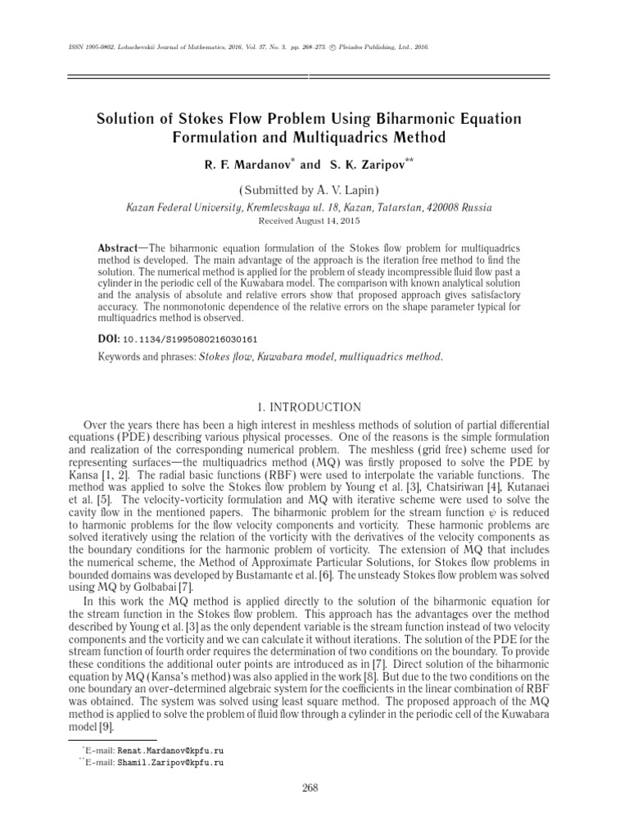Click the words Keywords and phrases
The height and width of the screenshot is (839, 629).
tap(146, 356)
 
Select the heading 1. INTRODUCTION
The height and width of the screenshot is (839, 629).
tap(314, 407)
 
